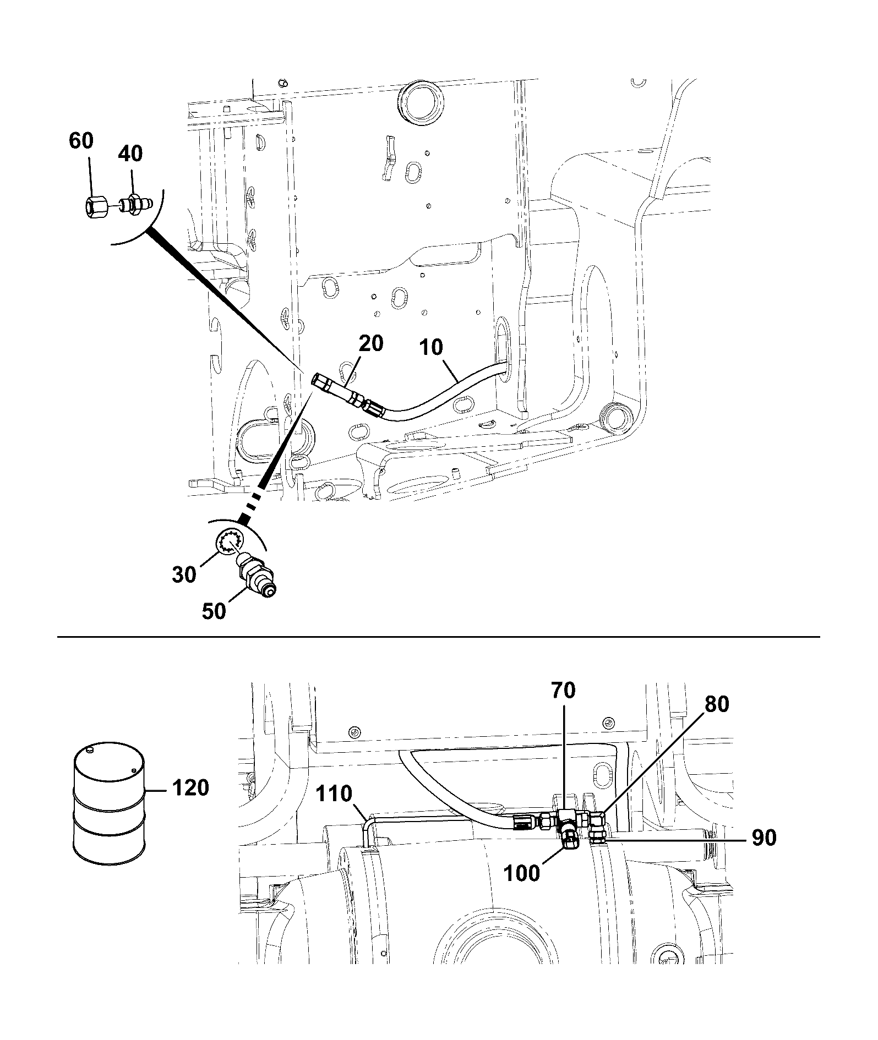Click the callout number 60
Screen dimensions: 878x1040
tap(81, 141)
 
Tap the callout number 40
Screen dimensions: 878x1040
tap(130, 154)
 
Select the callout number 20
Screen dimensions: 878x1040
tap(371, 343)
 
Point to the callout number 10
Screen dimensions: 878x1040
tap(431, 347)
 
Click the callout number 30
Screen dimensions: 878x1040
tap(184, 574)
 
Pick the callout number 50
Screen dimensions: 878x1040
tap(214, 611)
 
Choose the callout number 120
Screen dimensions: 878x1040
tap(190, 788)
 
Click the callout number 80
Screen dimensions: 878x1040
tap(716, 704)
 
